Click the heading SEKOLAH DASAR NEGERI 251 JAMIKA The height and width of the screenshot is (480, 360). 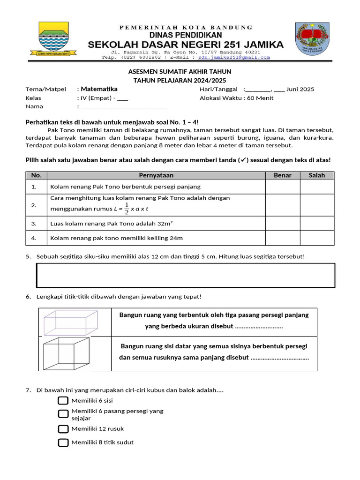[x=186, y=45]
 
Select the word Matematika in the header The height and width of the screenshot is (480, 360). [x=99, y=89]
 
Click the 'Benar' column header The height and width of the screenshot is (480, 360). [x=282, y=175]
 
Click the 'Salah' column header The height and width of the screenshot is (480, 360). [x=317, y=175]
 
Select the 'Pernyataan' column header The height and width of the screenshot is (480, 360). [x=156, y=175]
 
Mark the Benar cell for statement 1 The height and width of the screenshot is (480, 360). [x=282, y=187]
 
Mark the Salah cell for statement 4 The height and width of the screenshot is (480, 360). [x=317, y=238]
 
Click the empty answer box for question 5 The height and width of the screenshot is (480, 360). [x=186, y=275]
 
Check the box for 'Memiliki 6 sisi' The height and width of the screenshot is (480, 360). [x=63, y=400]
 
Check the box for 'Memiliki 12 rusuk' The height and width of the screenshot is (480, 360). [x=63, y=429]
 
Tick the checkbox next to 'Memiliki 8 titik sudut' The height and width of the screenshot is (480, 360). [x=63, y=442]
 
